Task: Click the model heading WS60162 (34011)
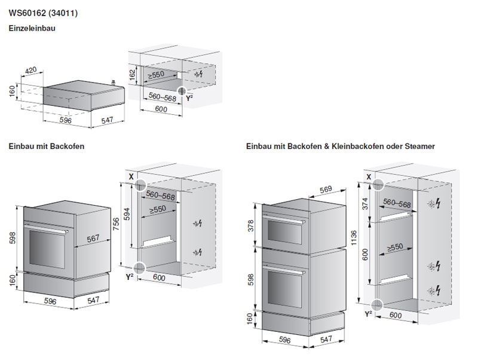tap(43, 13)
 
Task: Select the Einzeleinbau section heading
tap(32, 28)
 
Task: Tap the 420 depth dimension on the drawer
tap(30, 71)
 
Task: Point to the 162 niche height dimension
tap(132, 75)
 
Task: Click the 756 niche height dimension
tap(116, 224)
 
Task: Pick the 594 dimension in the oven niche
tap(127, 214)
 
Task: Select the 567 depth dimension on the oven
tap(93, 238)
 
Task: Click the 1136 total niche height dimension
tap(354, 238)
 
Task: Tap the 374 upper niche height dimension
tap(365, 203)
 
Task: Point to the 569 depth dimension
tap(326, 190)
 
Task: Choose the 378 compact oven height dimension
tap(250, 226)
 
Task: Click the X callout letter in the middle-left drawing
tap(131, 176)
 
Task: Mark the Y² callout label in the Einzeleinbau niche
tap(189, 98)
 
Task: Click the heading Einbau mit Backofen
tap(47, 147)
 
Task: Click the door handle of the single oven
tap(47, 228)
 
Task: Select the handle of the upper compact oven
tap(284, 219)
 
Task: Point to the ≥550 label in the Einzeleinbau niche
tap(156, 75)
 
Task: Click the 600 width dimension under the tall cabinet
tap(396, 315)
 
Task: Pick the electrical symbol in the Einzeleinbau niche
tap(199, 74)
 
